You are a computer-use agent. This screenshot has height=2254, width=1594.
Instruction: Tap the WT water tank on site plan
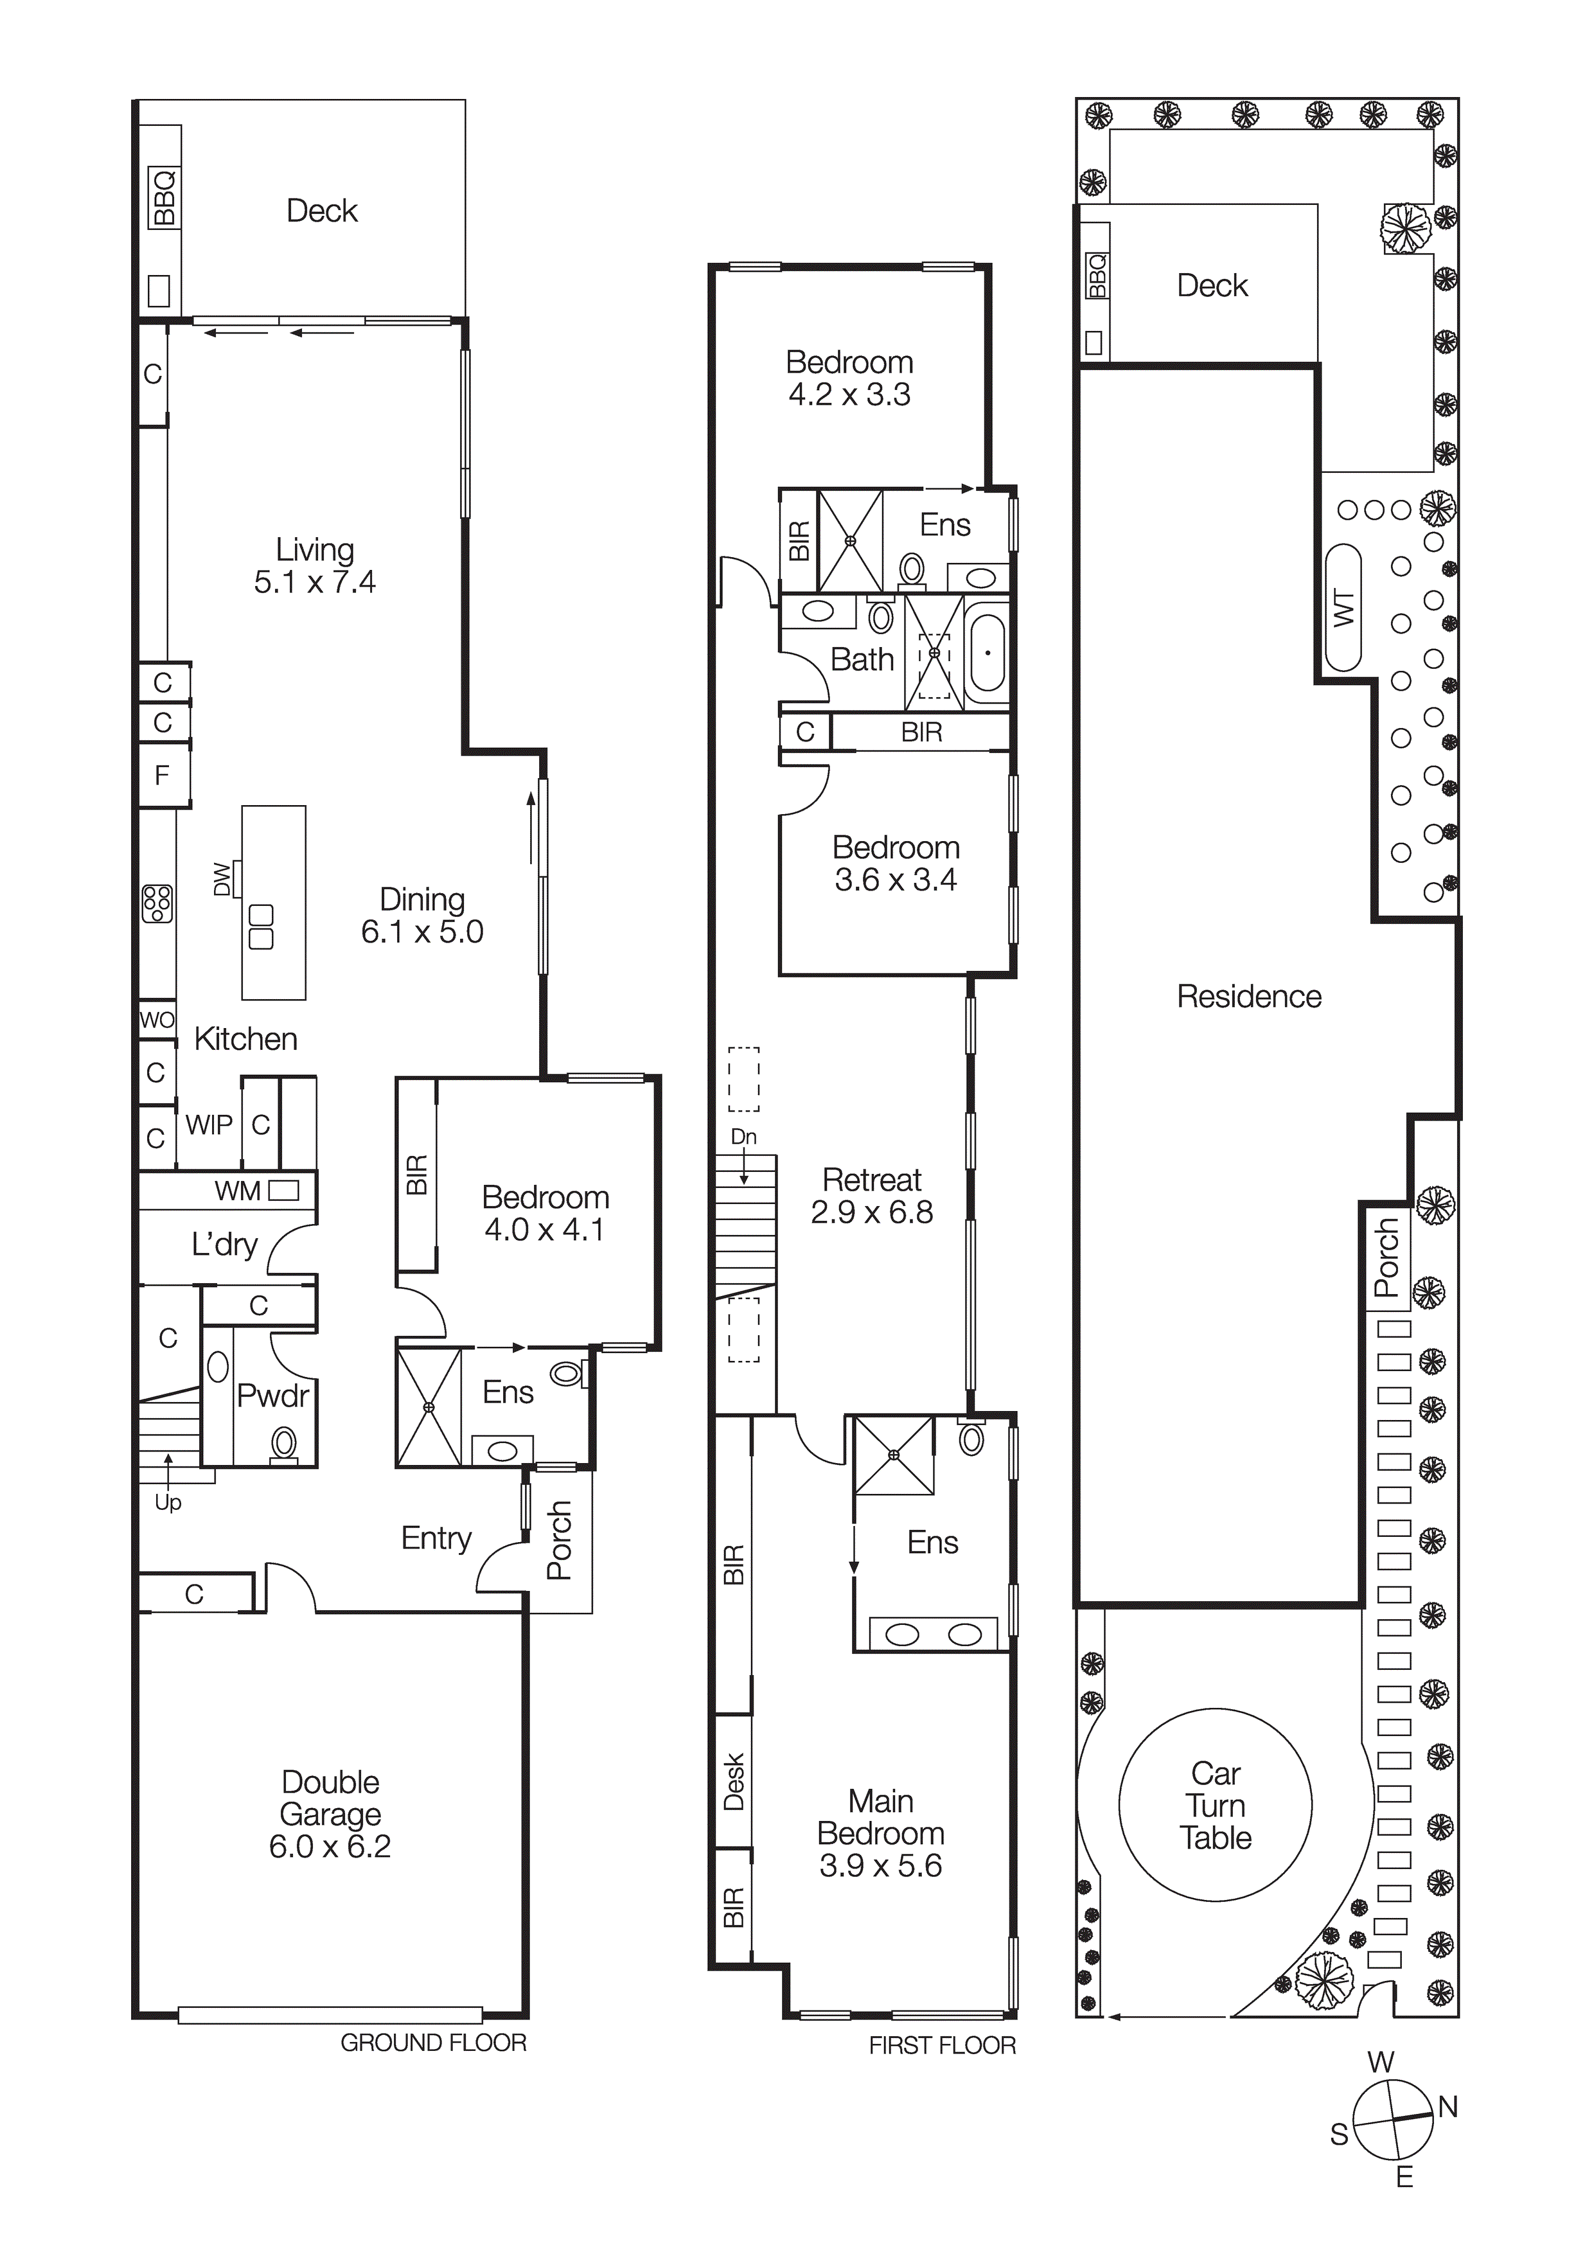click(x=1343, y=608)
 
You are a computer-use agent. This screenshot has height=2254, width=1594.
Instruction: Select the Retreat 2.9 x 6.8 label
click(x=872, y=1196)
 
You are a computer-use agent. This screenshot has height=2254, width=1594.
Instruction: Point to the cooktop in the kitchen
click(x=157, y=903)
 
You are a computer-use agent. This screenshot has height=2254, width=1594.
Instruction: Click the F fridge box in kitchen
click(x=163, y=776)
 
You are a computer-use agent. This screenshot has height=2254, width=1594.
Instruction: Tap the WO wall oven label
click(x=157, y=1019)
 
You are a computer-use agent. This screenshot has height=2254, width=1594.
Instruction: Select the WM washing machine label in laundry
click(x=238, y=1191)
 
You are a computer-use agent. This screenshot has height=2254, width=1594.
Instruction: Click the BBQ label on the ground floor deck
click(x=164, y=197)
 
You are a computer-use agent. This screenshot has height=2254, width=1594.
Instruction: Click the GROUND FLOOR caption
click(x=433, y=2043)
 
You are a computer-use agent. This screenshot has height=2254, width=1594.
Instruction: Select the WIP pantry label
click(x=209, y=1125)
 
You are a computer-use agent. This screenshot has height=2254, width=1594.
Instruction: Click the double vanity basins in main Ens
click(x=932, y=1635)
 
